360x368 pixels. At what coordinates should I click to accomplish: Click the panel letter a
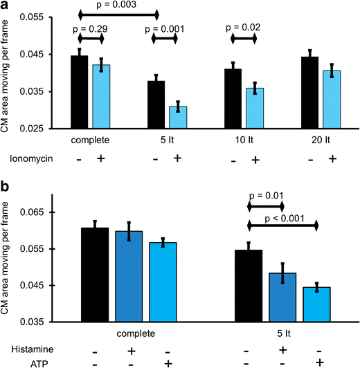[x=5, y=6]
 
